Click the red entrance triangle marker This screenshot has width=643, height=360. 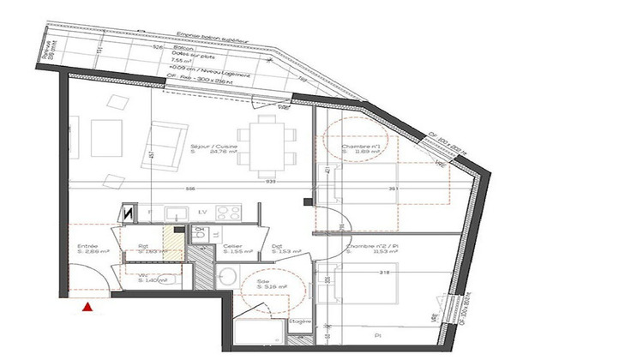tap(86, 305)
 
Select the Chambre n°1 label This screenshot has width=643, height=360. tap(360, 147)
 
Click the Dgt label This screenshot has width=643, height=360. tap(277, 248)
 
